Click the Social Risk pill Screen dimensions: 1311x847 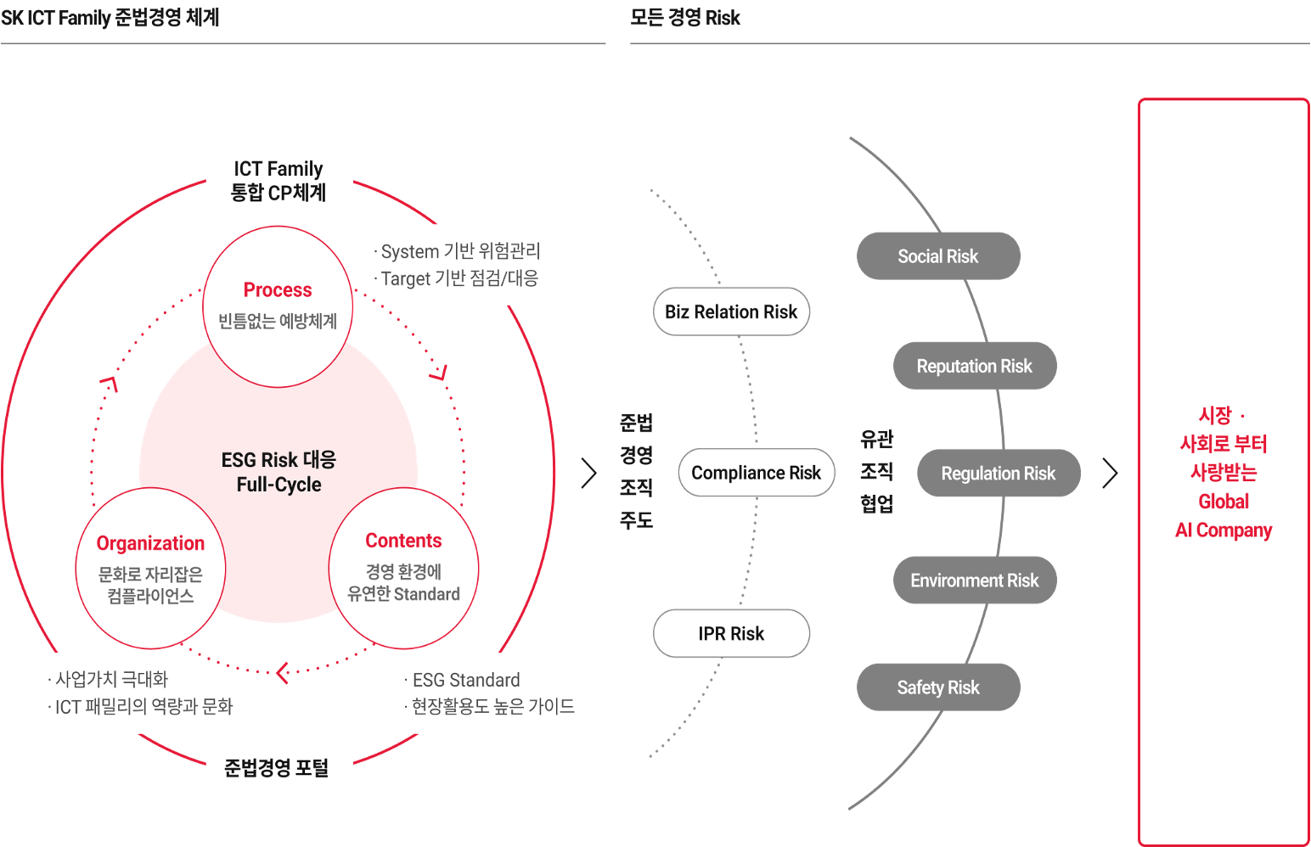(938, 256)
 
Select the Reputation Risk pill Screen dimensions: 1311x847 (975, 366)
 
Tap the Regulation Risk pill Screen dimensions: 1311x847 (999, 474)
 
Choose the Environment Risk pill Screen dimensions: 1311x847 (975, 581)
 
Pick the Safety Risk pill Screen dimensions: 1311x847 (938, 687)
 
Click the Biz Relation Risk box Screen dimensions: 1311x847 (731, 311)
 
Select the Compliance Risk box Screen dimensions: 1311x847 (757, 473)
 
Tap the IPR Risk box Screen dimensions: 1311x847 (731, 633)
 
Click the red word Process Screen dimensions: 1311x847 (278, 290)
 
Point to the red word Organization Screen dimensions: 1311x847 (150, 543)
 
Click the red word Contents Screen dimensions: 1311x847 (403, 541)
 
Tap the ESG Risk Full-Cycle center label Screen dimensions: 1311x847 (279, 472)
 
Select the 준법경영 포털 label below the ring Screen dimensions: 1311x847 (276, 767)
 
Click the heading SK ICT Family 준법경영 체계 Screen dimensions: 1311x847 (110, 18)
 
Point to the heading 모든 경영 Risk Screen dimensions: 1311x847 (684, 18)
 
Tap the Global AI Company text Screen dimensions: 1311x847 (1224, 516)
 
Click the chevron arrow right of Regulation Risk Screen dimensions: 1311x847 (1111, 473)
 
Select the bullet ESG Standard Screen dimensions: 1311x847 (463, 680)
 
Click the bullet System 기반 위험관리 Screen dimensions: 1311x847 (457, 251)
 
